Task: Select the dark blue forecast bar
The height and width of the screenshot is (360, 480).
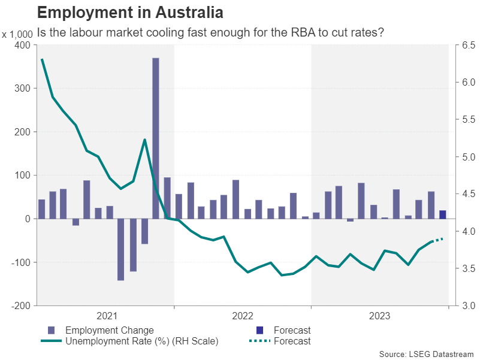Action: coord(442,214)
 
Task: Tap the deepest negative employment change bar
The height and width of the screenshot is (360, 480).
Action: coord(121,249)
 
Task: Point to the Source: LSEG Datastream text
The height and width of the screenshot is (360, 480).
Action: coord(426,353)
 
